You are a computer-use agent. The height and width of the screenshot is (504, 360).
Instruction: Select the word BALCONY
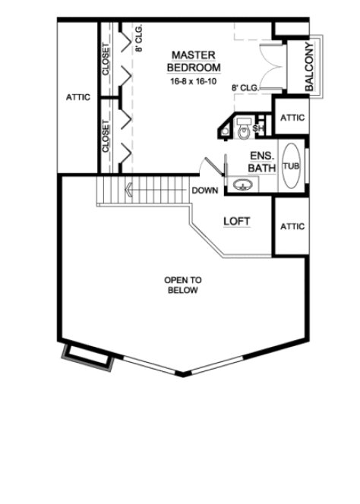[x=310, y=66]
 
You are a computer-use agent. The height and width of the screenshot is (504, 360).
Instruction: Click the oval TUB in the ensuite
[x=291, y=166]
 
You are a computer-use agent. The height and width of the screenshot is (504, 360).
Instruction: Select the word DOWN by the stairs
[x=206, y=191]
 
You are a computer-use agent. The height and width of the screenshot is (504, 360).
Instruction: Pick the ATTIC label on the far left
[x=78, y=97]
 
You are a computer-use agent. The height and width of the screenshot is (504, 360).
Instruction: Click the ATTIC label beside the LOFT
[x=292, y=226]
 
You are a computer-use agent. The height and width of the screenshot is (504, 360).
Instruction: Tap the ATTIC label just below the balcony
[x=292, y=118]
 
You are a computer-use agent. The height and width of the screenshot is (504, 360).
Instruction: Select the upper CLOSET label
[x=106, y=59]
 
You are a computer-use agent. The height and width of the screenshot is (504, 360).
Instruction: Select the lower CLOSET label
[x=106, y=134]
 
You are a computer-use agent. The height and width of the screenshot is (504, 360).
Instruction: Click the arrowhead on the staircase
[x=130, y=189]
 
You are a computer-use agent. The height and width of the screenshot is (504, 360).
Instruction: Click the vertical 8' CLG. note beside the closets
[x=139, y=38]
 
